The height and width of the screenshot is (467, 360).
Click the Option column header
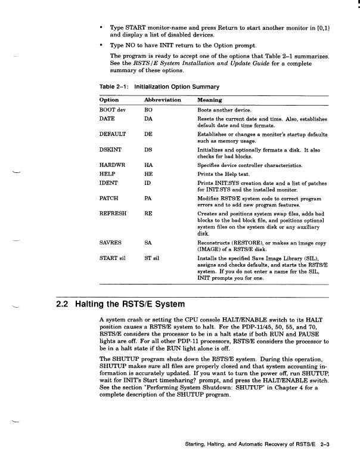point(109,100)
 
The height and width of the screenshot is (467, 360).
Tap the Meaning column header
point(210,100)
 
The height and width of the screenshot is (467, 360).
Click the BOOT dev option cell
point(113,110)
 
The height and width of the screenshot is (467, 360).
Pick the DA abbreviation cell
point(149,120)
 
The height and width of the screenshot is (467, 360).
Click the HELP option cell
point(107,174)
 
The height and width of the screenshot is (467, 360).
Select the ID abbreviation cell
point(148,183)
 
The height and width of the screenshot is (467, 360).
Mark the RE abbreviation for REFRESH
point(149,213)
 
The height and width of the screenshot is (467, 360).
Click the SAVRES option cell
point(111,243)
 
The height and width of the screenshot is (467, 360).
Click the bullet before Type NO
point(102,46)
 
